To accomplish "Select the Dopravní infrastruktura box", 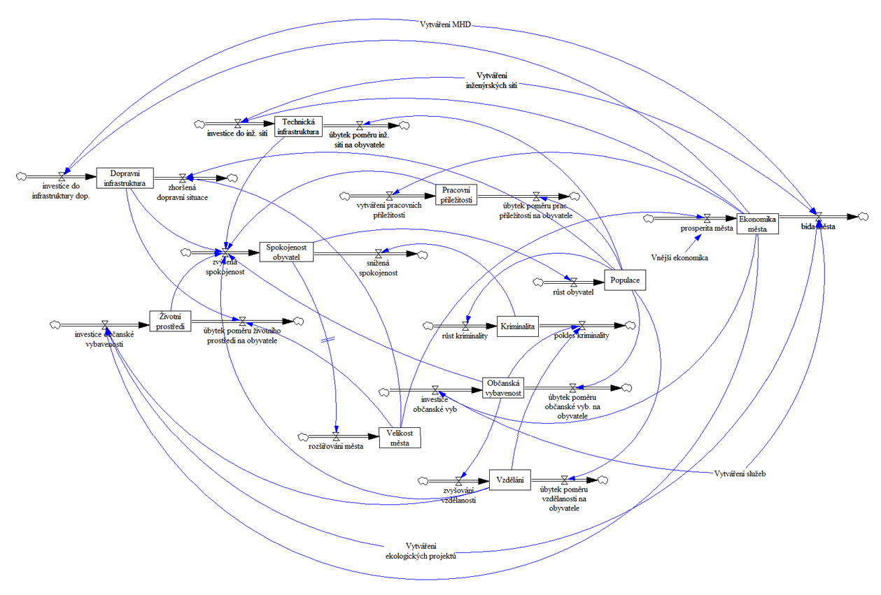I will (x=124, y=178).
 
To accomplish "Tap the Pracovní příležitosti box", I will (x=456, y=194).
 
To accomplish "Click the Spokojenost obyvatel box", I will (x=286, y=252).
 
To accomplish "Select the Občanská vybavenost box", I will (x=503, y=388).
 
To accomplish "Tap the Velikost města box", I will (x=400, y=437).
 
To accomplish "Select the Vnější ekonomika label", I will (x=679, y=258).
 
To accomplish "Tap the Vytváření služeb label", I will (x=740, y=473).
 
